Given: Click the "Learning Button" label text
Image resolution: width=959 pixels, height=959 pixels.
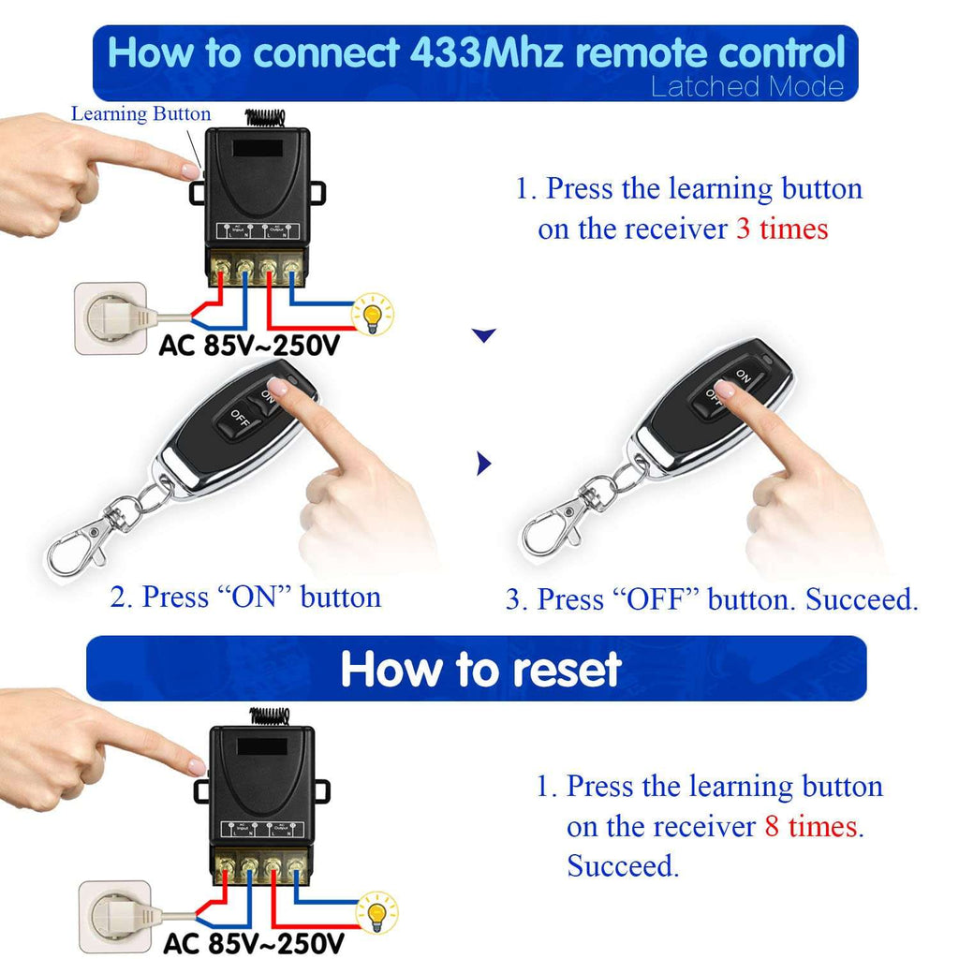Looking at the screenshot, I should [141, 114].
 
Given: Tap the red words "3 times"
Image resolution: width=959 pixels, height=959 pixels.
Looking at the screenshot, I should [782, 229].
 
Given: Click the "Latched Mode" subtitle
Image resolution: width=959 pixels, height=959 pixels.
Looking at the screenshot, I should [746, 88].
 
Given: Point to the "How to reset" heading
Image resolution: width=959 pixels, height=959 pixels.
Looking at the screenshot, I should [480, 670].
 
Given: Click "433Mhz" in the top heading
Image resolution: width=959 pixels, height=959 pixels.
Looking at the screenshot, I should [487, 52].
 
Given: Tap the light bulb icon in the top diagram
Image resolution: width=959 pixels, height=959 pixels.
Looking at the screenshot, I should [374, 315].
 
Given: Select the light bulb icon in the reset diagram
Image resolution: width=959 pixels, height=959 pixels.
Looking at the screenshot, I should [378, 912].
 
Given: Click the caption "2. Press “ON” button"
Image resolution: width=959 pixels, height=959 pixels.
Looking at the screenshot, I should [245, 598].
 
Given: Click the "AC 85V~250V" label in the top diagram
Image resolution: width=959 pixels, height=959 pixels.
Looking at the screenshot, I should [248, 347].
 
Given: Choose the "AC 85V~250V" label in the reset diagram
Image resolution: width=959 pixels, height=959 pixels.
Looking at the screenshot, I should [254, 942].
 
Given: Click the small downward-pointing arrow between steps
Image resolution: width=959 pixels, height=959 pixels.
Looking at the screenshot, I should [483, 335].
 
